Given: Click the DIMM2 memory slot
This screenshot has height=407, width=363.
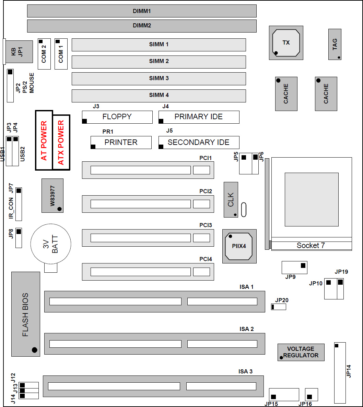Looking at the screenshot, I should tap(142, 26).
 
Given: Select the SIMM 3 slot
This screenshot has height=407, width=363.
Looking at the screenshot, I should tap(159, 78).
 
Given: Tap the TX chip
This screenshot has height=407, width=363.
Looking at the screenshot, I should tap(286, 43).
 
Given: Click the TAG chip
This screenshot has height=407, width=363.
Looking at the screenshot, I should tap(335, 45).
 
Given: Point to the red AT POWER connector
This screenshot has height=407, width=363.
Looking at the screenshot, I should tap(44, 140).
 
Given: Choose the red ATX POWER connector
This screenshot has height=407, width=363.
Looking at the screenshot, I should tap(61, 143).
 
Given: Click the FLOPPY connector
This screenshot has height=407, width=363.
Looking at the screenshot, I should tap(117, 117).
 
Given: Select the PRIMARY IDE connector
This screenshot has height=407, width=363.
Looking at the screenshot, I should tap(199, 117).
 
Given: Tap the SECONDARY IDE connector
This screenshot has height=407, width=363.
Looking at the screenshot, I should tap(199, 143).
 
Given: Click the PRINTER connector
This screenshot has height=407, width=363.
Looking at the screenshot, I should tap(121, 143).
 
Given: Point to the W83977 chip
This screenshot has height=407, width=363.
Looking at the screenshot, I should tap(52, 196).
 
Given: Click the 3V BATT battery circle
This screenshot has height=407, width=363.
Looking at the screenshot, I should tap(51, 244).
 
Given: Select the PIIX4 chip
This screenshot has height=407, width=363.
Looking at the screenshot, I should tap(239, 246).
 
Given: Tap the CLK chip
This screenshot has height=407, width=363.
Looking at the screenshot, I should tap(231, 200).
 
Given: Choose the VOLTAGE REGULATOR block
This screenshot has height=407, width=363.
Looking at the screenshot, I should tap(301, 352).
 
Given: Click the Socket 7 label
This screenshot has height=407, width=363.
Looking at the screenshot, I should tap(311, 246).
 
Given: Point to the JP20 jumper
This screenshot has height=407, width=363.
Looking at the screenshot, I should tap(279, 307).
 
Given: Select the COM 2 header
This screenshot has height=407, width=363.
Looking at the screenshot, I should tap(44, 54).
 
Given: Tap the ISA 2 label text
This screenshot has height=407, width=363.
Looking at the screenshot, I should tap(247, 329).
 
